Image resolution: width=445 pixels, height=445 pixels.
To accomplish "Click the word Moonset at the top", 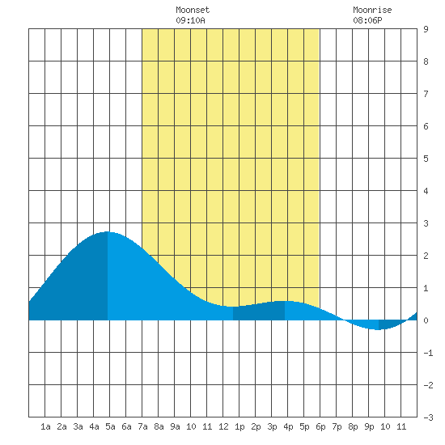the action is click(x=193, y=10).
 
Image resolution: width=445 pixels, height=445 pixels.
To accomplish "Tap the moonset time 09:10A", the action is click(x=190, y=20).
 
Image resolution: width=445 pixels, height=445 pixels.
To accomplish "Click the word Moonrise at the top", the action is click(x=372, y=10).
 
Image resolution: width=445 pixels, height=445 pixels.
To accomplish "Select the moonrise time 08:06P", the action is click(x=367, y=20).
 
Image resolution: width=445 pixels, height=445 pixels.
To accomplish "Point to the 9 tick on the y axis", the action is click(x=426, y=29).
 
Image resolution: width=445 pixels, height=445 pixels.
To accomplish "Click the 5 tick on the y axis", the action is click(x=426, y=159).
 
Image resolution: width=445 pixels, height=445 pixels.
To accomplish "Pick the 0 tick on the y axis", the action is click(x=426, y=320).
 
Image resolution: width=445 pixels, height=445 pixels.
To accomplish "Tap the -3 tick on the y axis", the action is click(x=428, y=417).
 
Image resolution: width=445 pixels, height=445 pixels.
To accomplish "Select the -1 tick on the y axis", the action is click(x=428, y=353).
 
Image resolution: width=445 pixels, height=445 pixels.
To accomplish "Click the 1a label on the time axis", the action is click(x=45, y=426).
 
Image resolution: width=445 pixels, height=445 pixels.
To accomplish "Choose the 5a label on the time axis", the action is click(x=110, y=426).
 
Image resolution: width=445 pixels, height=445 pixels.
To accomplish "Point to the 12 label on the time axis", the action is click(x=223, y=426).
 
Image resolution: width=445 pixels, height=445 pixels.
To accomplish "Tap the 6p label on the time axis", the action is click(x=320, y=426).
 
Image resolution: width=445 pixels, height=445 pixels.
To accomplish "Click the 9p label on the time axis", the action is click(x=369, y=426).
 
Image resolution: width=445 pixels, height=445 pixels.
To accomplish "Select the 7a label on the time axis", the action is click(x=142, y=426).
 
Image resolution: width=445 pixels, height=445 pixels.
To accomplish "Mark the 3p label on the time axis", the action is click(x=272, y=426).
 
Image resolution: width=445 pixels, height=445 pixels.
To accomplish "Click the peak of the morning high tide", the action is click(x=107, y=232).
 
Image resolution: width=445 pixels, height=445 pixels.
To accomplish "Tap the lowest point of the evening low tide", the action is click(x=378, y=330).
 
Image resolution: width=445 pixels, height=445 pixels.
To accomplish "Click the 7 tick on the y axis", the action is click(x=426, y=94).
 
